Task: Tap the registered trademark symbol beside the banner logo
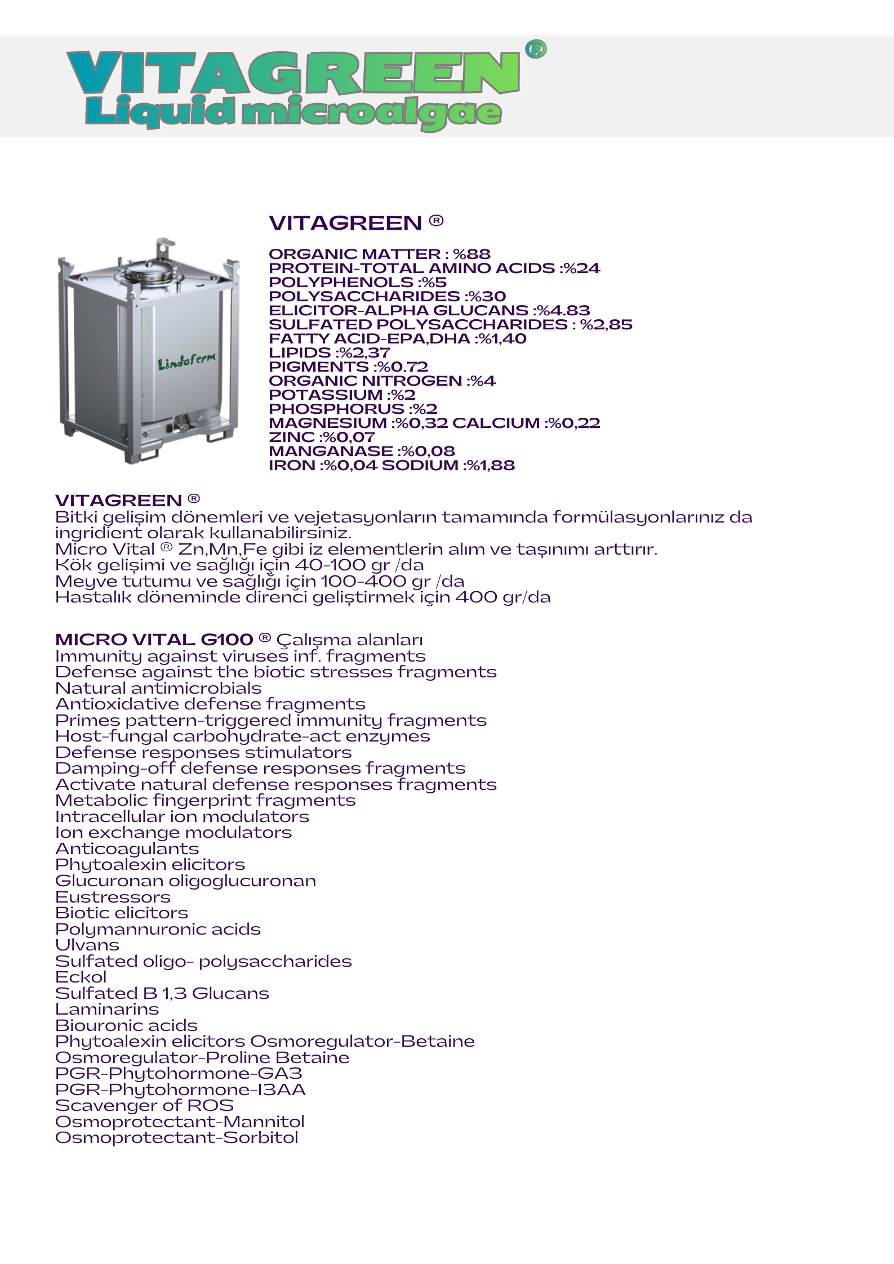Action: coord(536,50)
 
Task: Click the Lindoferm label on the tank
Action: coord(186,361)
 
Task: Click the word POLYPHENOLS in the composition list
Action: coord(341,282)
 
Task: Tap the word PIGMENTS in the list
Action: coord(318,367)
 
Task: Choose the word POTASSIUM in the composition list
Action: coord(326,395)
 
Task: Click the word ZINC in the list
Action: coord(292,437)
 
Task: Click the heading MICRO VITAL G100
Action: coord(154,640)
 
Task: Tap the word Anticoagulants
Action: coord(127,848)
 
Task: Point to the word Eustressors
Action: coord(113,897)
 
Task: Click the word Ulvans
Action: coord(87,945)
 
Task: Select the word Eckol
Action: coord(81,977)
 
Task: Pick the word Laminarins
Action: coord(107,1009)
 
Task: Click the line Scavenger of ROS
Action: coord(144,1105)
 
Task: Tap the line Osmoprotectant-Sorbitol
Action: coord(177,1137)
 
